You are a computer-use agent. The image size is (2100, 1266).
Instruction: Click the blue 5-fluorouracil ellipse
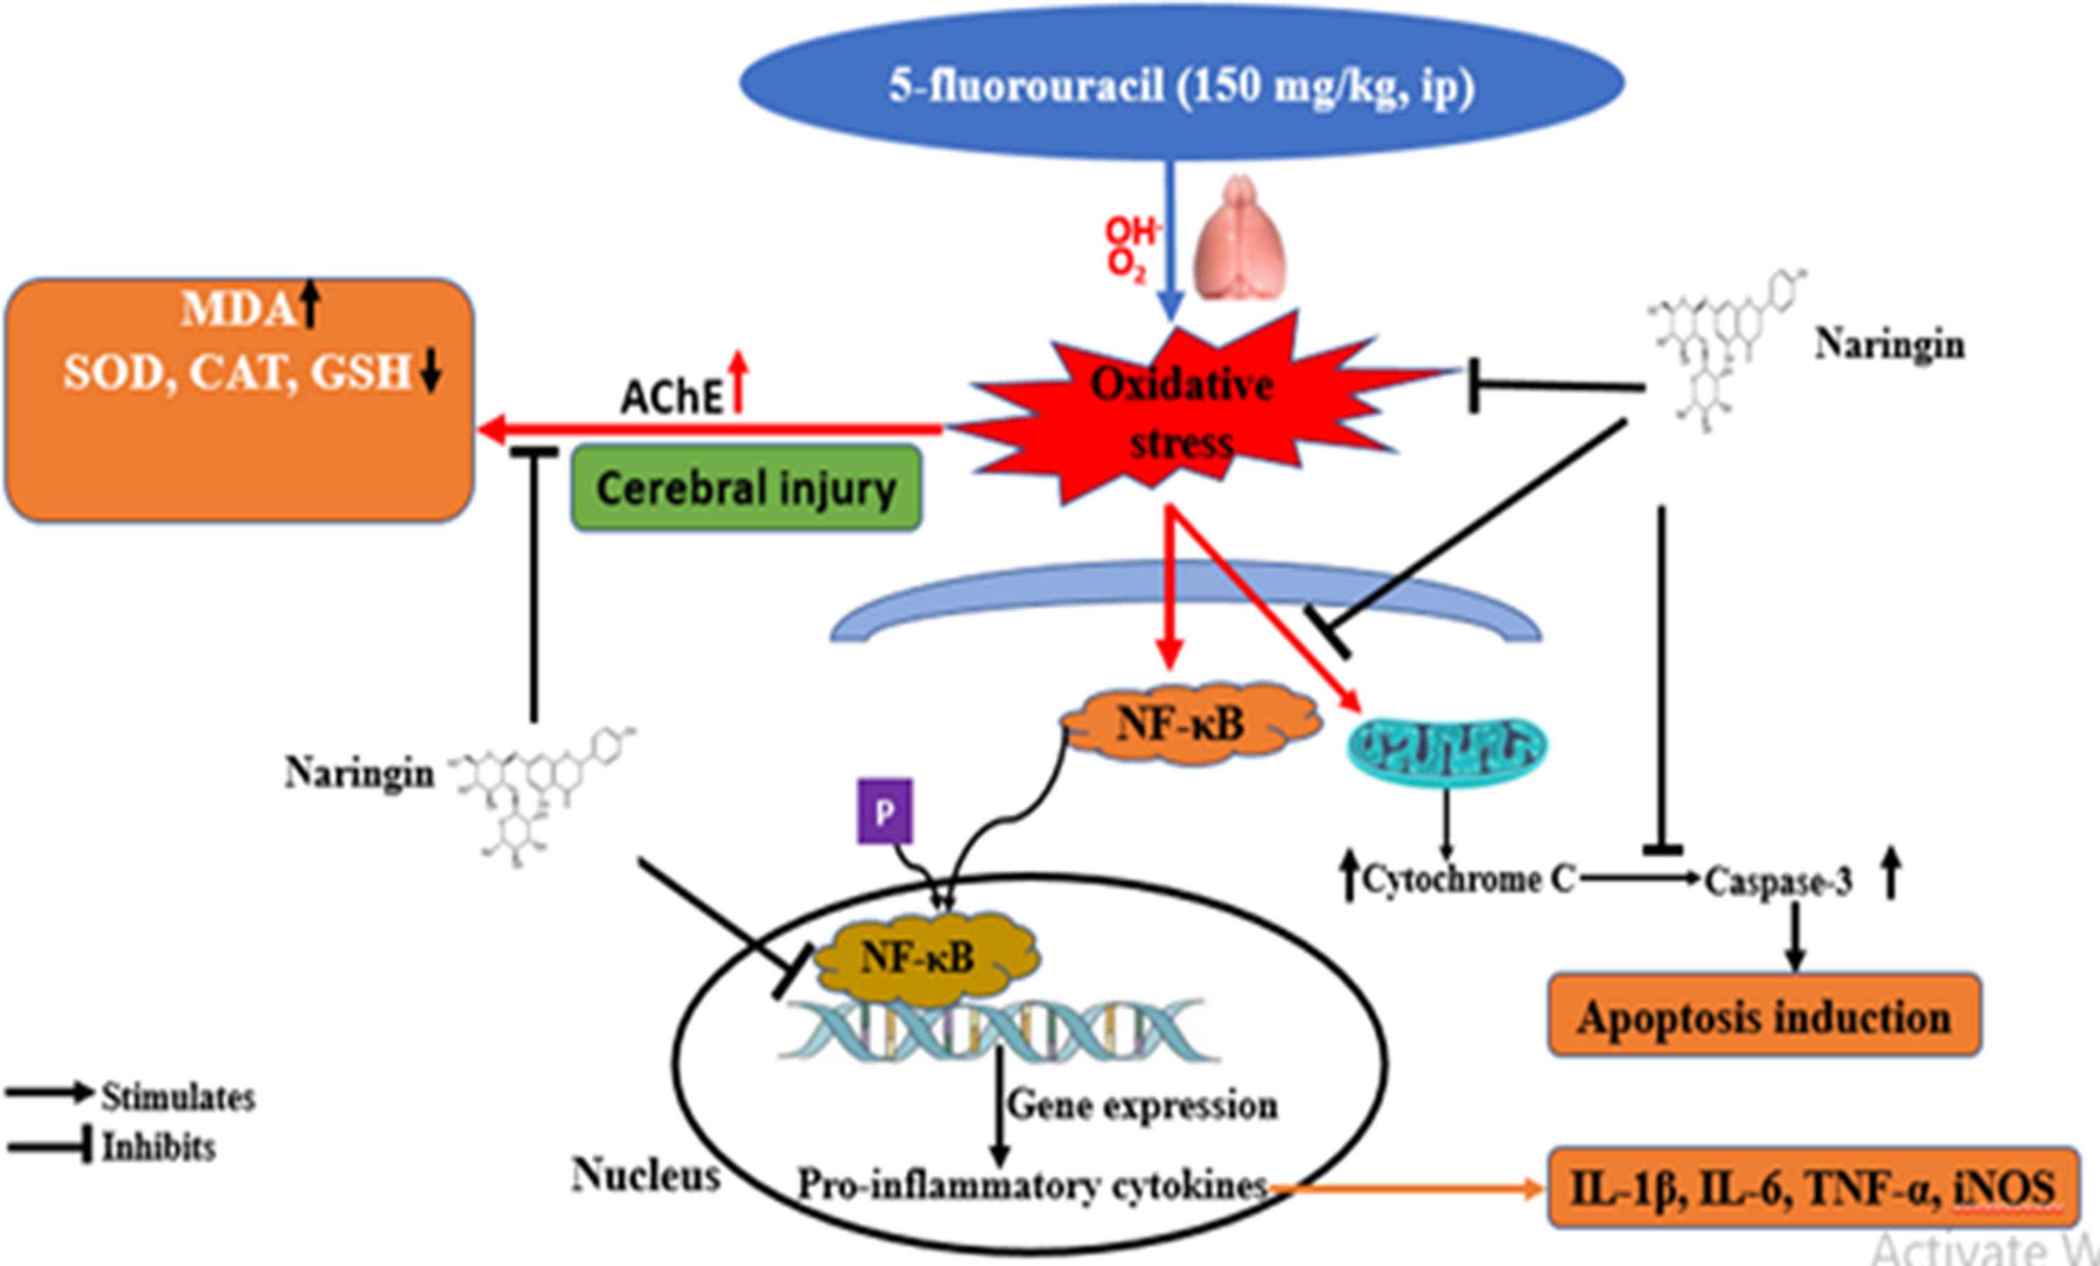click(x=1182, y=83)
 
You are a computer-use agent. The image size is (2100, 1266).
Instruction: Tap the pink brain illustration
click(x=1238, y=239)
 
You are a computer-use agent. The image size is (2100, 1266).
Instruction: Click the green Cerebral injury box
click(x=745, y=488)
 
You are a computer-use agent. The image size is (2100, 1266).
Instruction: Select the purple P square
click(x=885, y=811)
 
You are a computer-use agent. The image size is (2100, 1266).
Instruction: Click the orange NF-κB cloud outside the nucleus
click(x=1190, y=724)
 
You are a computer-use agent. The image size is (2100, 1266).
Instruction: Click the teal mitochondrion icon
click(x=1446, y=747)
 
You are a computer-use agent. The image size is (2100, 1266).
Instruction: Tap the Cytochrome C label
click(x=1468, y=879)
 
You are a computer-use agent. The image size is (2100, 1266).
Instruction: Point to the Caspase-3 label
click(x=1778, y=882)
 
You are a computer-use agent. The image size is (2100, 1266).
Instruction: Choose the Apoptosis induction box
click(x=1763, y=1016)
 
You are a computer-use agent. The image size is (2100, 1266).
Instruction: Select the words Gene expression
click(x=1142, y=1105)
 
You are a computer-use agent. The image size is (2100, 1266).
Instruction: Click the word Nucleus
click(x=646, y=1176)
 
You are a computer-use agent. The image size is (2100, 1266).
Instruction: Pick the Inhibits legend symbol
click(x=50, y=1147)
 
